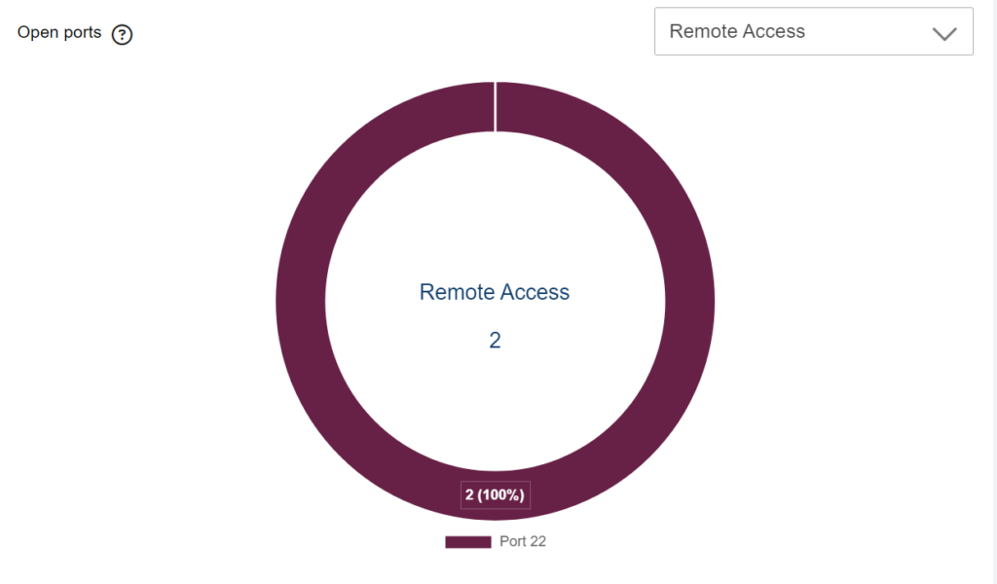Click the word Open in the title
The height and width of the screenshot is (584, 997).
(x=37, y=32)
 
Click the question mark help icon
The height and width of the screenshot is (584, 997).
(x=122, y=34)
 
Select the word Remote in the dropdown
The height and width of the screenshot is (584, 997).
(x=703, y=31)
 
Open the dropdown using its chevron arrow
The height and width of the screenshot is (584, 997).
(x=944, y=34)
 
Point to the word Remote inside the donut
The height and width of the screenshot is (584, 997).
(x=457, y=292)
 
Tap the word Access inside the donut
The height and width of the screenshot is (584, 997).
(x=535, y=292)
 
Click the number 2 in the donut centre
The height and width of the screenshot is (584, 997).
(x=496, y=341)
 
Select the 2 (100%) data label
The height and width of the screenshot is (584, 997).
(x=496, y=495)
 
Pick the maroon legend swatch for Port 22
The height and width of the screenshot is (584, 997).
(x=468, y=541)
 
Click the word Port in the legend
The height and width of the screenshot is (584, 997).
(x=512, y=541)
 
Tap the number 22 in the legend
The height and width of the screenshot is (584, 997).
(x=537, y=541)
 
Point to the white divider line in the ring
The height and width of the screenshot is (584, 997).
(x=496, y=107)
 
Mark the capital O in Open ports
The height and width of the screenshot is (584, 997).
(x=23, y=32)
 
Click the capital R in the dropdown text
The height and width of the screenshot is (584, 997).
(x=676, y=31)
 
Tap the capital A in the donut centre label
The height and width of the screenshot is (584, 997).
(x=506, y=292)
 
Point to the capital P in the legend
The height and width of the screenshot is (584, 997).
(x=503, y=541)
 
